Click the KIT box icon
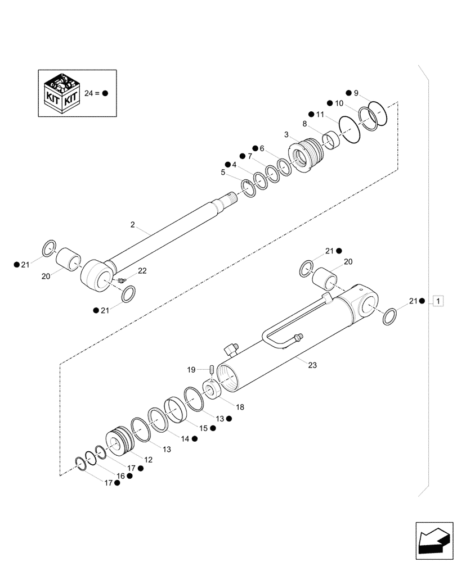click(60, 93)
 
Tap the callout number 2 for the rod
click(132, 225)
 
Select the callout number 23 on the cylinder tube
click(312, 365)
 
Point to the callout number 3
click(286, 135)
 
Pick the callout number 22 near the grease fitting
click(142, 271)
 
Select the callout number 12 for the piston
click(148, 460)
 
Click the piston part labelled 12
click(119, 443)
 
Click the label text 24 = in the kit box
click(92, 94)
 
